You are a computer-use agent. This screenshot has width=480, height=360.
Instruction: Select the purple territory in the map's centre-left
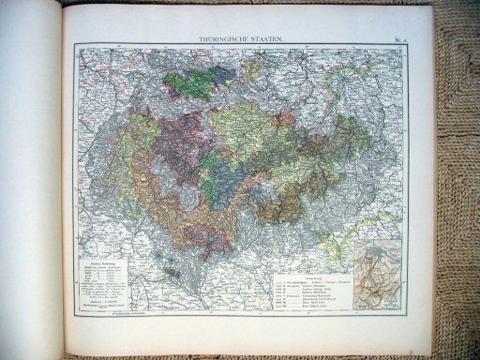click(178, 150)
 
